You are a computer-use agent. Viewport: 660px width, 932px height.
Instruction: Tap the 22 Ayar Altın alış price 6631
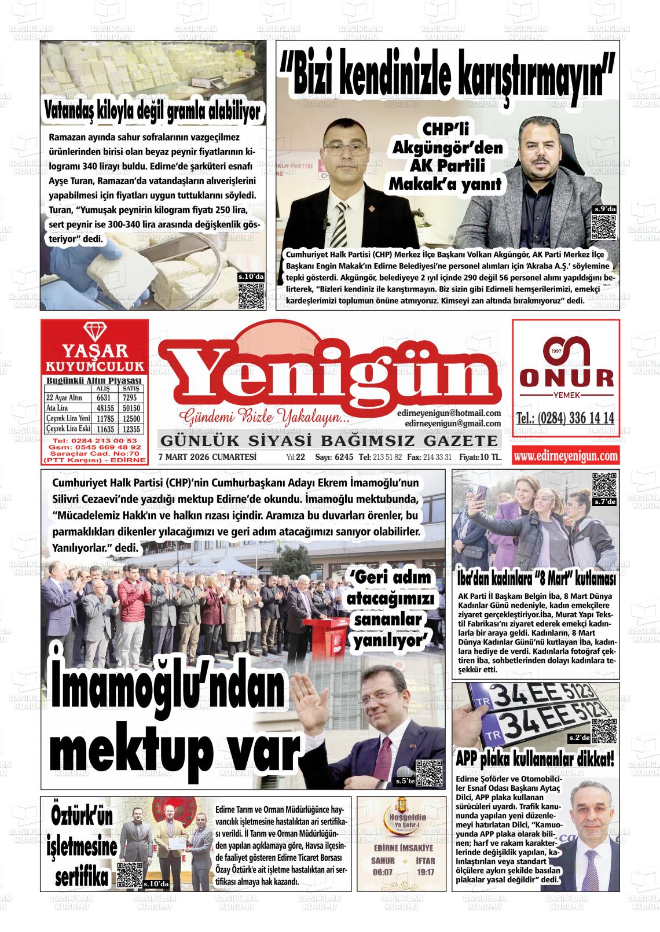point(104,398)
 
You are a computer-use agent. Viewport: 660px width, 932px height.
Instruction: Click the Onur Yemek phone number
point(565,419)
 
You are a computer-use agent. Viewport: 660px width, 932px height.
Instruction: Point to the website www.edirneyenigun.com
point(566,456)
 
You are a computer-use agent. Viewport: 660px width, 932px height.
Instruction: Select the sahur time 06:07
point(383,872)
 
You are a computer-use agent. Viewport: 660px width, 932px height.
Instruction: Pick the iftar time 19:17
point(424,872)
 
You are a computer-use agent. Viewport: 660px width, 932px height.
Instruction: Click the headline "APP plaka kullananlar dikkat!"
point(536,758)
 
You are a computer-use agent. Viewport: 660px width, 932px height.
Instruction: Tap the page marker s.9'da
point(604,209)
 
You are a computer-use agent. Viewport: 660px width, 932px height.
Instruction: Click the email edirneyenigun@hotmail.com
point(449,413)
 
